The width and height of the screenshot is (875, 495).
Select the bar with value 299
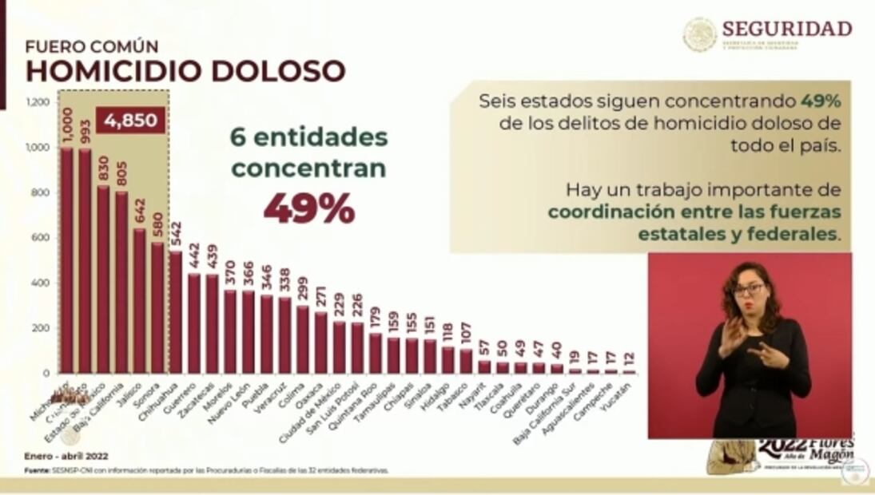coord(303,339)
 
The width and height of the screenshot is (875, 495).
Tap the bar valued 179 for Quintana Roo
coord(376,353)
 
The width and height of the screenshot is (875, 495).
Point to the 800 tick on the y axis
coord(40,192)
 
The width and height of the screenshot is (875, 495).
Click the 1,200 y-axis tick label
coord(38,102)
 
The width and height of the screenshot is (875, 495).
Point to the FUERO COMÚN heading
coord(92,46)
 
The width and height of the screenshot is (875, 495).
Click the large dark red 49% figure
coord(309,208)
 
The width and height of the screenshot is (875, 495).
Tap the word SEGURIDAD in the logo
coord(787,29)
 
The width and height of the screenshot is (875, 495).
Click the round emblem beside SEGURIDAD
coord(699,34)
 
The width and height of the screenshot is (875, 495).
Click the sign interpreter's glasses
coord(748,289)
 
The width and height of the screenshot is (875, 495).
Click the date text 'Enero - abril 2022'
coord(66,456)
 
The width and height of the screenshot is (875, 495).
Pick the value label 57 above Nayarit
coord(484,347)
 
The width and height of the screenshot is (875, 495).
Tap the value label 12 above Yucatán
coord(630,356)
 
